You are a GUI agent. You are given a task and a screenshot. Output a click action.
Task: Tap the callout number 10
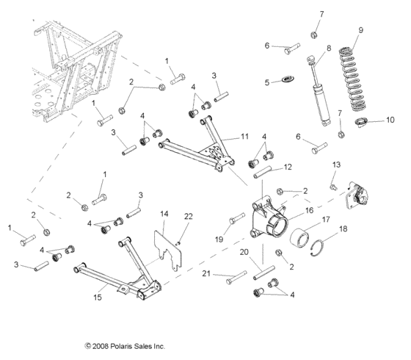tap(390, 120)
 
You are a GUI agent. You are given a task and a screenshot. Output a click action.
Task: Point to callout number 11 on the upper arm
tap(244, 137)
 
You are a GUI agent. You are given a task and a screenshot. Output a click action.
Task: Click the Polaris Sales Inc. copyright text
tap(124, 345)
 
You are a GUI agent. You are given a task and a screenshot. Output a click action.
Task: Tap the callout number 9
tap(360, 30)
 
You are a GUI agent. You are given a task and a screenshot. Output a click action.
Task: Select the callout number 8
tap(327, 48)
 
